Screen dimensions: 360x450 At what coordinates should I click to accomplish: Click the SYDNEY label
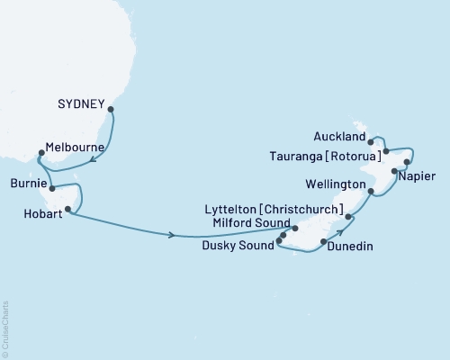point(82,102)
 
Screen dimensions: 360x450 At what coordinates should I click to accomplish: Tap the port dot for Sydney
point(111,110)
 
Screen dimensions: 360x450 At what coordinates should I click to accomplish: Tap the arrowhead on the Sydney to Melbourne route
point(93,164)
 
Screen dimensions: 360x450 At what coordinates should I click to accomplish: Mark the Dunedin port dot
point(323,242)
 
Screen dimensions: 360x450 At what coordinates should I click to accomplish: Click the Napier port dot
point(394,170)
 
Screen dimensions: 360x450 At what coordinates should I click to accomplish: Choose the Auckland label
point(339,138)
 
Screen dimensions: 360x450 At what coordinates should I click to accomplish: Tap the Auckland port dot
point(370,141)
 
